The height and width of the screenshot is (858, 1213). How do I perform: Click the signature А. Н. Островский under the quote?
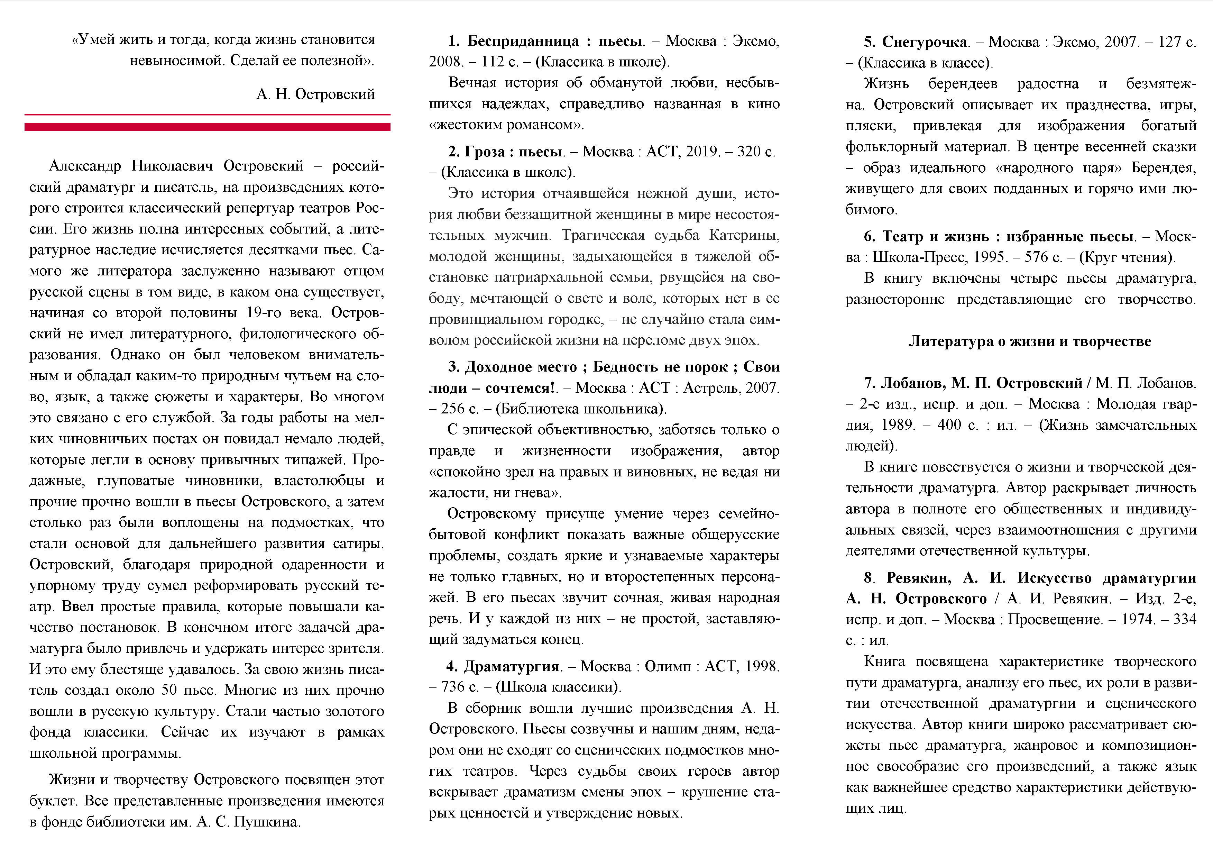[x=315, y=94]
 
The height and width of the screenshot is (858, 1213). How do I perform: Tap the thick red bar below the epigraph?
[x=207, y=127]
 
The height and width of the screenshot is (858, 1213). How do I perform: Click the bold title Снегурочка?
[x=925, y=42]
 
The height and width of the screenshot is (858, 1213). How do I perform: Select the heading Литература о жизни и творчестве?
[x=1030, y=341]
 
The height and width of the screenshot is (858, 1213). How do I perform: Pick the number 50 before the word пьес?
[x=169, y=690]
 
